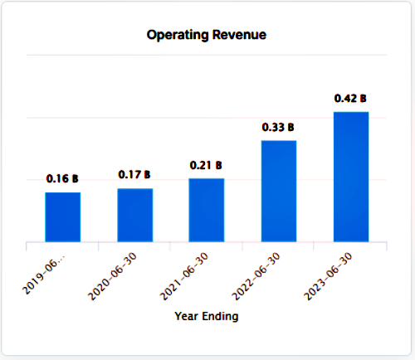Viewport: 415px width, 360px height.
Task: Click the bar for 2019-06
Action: pyautogui.click(x=62, y=216)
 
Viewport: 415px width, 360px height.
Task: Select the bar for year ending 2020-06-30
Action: pyautogui.click(x=134, y=215)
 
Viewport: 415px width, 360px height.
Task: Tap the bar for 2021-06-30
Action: pyautogui.click(x=207, y=210)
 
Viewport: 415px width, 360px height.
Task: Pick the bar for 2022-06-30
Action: pyautogui.click(x=279, y=191)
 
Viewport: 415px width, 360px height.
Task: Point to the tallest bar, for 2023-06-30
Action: pyautogui.click(x=351, y=177)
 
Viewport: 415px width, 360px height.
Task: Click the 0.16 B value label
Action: pyautogui.click(x=62, y=178)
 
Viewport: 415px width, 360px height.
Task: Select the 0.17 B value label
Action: pyautogui.click(x=134, y=175)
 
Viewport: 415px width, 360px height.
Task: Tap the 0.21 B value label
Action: pyautogui.click(x=207, y=165)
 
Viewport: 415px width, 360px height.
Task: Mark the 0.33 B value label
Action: pyautogui.click(x=279, y=127)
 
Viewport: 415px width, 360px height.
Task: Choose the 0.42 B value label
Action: pyautogui.click(x=351, y=98)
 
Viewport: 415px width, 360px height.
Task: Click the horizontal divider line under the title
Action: pyautogui.click(x=207, y=56)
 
